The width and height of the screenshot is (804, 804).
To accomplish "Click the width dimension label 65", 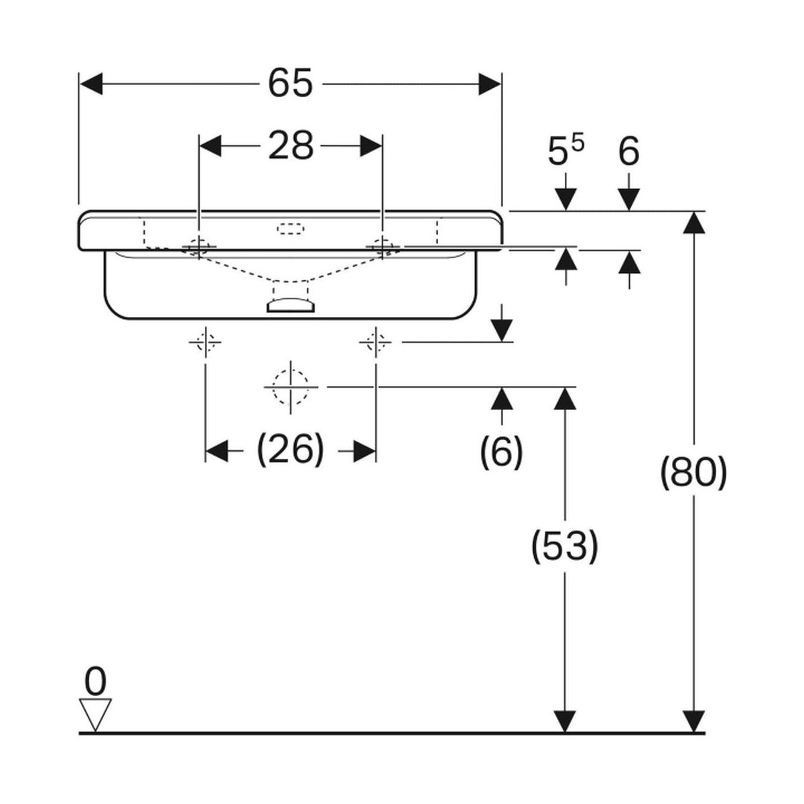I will pyautogui.click(x=290, y=84).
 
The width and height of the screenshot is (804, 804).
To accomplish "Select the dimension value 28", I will pyautogui.click(x=291, y=145).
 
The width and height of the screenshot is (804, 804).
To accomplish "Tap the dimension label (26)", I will pyautogui.click(x=290, y=450).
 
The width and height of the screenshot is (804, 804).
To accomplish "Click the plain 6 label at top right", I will pyautogui.click(x=628, y=152).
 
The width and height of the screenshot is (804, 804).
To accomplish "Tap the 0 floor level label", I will pyautogui.click(x=95, y=683).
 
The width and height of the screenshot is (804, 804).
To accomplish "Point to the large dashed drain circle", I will pyautogui.click(x=290, y=387).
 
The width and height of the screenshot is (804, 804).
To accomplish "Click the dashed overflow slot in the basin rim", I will pyautogui.click(x=290, y=228).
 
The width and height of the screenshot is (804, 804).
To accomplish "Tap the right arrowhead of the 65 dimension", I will pyautogui.click(x=490, y=85).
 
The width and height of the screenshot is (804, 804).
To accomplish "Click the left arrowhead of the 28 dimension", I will pyautogui.click(x=212, y=145).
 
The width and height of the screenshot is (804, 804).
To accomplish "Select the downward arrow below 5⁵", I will pyautogui.click(x=566, y=199).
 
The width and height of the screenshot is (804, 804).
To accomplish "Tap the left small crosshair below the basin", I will pyautogui.click(x=205, y=343).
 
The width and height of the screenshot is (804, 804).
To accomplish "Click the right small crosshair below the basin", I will pyautogui.click(x=375, y=343).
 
